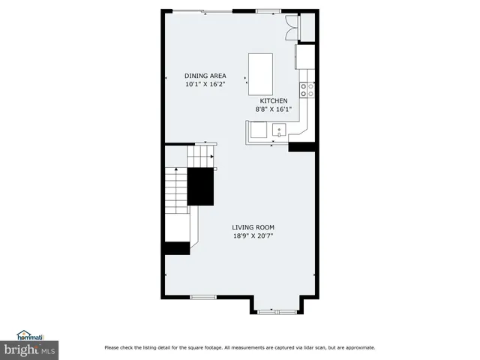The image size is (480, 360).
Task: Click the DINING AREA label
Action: point(205,76)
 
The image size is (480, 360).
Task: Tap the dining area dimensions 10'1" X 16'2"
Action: point(205,85)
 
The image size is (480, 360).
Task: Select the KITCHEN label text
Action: point(274,100)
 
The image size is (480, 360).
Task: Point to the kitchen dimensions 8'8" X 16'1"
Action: point(274,109)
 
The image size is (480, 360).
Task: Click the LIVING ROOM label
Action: point(253,227)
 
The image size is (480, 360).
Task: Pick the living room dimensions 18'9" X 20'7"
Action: point(253,236)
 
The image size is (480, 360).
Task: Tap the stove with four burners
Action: point(307,90)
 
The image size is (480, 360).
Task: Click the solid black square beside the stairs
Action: point(200,186)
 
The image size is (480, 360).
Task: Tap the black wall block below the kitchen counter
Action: point(301,146)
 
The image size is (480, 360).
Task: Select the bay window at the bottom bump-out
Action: point(276,310)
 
